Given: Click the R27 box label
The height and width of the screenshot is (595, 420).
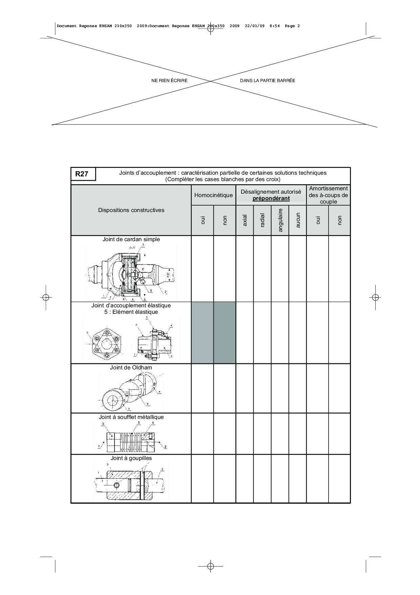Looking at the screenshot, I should pos(82,174).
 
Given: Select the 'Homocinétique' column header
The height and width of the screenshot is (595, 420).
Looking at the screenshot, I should pos(213,195).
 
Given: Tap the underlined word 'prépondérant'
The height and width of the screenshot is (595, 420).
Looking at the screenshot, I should pos(271,198).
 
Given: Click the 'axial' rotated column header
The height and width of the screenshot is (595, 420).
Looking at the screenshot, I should pos(245,220).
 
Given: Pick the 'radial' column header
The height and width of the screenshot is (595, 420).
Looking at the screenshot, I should pos(262,220).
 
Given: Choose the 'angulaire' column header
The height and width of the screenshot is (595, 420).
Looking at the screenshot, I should pos(280,220).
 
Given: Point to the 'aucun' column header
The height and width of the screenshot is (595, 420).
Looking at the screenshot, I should pos(298,220).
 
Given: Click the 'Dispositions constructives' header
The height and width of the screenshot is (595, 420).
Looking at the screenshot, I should pos(131,210).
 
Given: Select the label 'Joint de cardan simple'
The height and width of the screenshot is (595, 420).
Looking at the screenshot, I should pos(131,239).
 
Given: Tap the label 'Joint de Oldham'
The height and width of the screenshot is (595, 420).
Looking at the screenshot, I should pos(131,367).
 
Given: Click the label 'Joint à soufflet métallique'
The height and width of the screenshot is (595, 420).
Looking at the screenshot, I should pos(131,417).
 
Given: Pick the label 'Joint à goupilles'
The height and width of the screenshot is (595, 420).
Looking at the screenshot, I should pos(131,458).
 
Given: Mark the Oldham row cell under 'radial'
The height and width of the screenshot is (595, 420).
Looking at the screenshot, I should pos(262,388).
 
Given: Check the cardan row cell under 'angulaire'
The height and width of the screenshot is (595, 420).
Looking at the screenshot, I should pos(280,269).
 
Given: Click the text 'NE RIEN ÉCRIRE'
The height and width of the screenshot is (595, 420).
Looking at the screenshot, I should pos(169,81).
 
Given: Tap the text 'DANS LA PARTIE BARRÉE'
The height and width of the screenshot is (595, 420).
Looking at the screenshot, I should pos(268,81).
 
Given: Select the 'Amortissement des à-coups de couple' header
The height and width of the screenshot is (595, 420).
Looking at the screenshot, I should pos(328,195).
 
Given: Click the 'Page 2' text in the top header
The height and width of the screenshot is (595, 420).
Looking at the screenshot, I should pos(292,26).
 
